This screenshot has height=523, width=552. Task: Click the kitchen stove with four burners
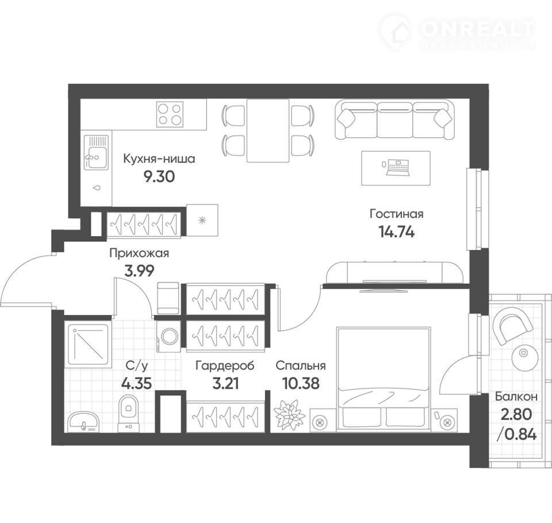(170, 114)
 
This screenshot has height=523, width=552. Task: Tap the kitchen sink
(96, 152)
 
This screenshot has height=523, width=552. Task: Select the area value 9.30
(159, 176)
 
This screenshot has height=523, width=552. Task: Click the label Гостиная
(396, 214)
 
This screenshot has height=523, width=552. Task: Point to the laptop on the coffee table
(398, 167)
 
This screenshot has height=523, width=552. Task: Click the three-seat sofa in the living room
(394, 120)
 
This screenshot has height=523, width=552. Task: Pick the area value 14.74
(396, 232)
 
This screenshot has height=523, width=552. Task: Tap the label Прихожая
(139, 253)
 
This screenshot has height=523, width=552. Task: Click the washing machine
(169, 336)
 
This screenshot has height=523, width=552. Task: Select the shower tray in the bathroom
(89, 344)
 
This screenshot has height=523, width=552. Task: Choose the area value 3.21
(225, 383)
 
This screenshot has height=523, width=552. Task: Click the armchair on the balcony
(513, 325)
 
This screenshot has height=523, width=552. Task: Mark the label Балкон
(516, 397)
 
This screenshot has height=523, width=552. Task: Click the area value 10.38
(301, 383)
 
